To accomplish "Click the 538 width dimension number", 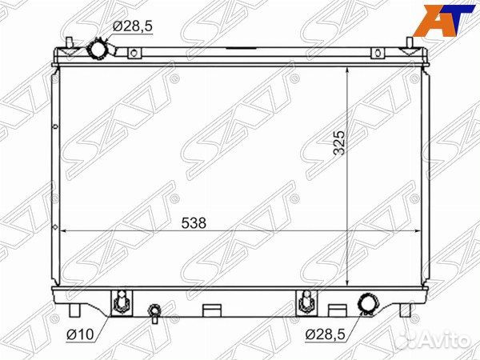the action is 194,223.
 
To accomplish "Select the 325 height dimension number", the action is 339,143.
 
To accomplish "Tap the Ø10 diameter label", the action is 80,334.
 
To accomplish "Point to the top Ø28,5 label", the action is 132,26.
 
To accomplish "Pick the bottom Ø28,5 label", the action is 325,335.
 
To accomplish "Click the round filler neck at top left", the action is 97,50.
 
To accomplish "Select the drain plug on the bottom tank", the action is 154,313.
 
